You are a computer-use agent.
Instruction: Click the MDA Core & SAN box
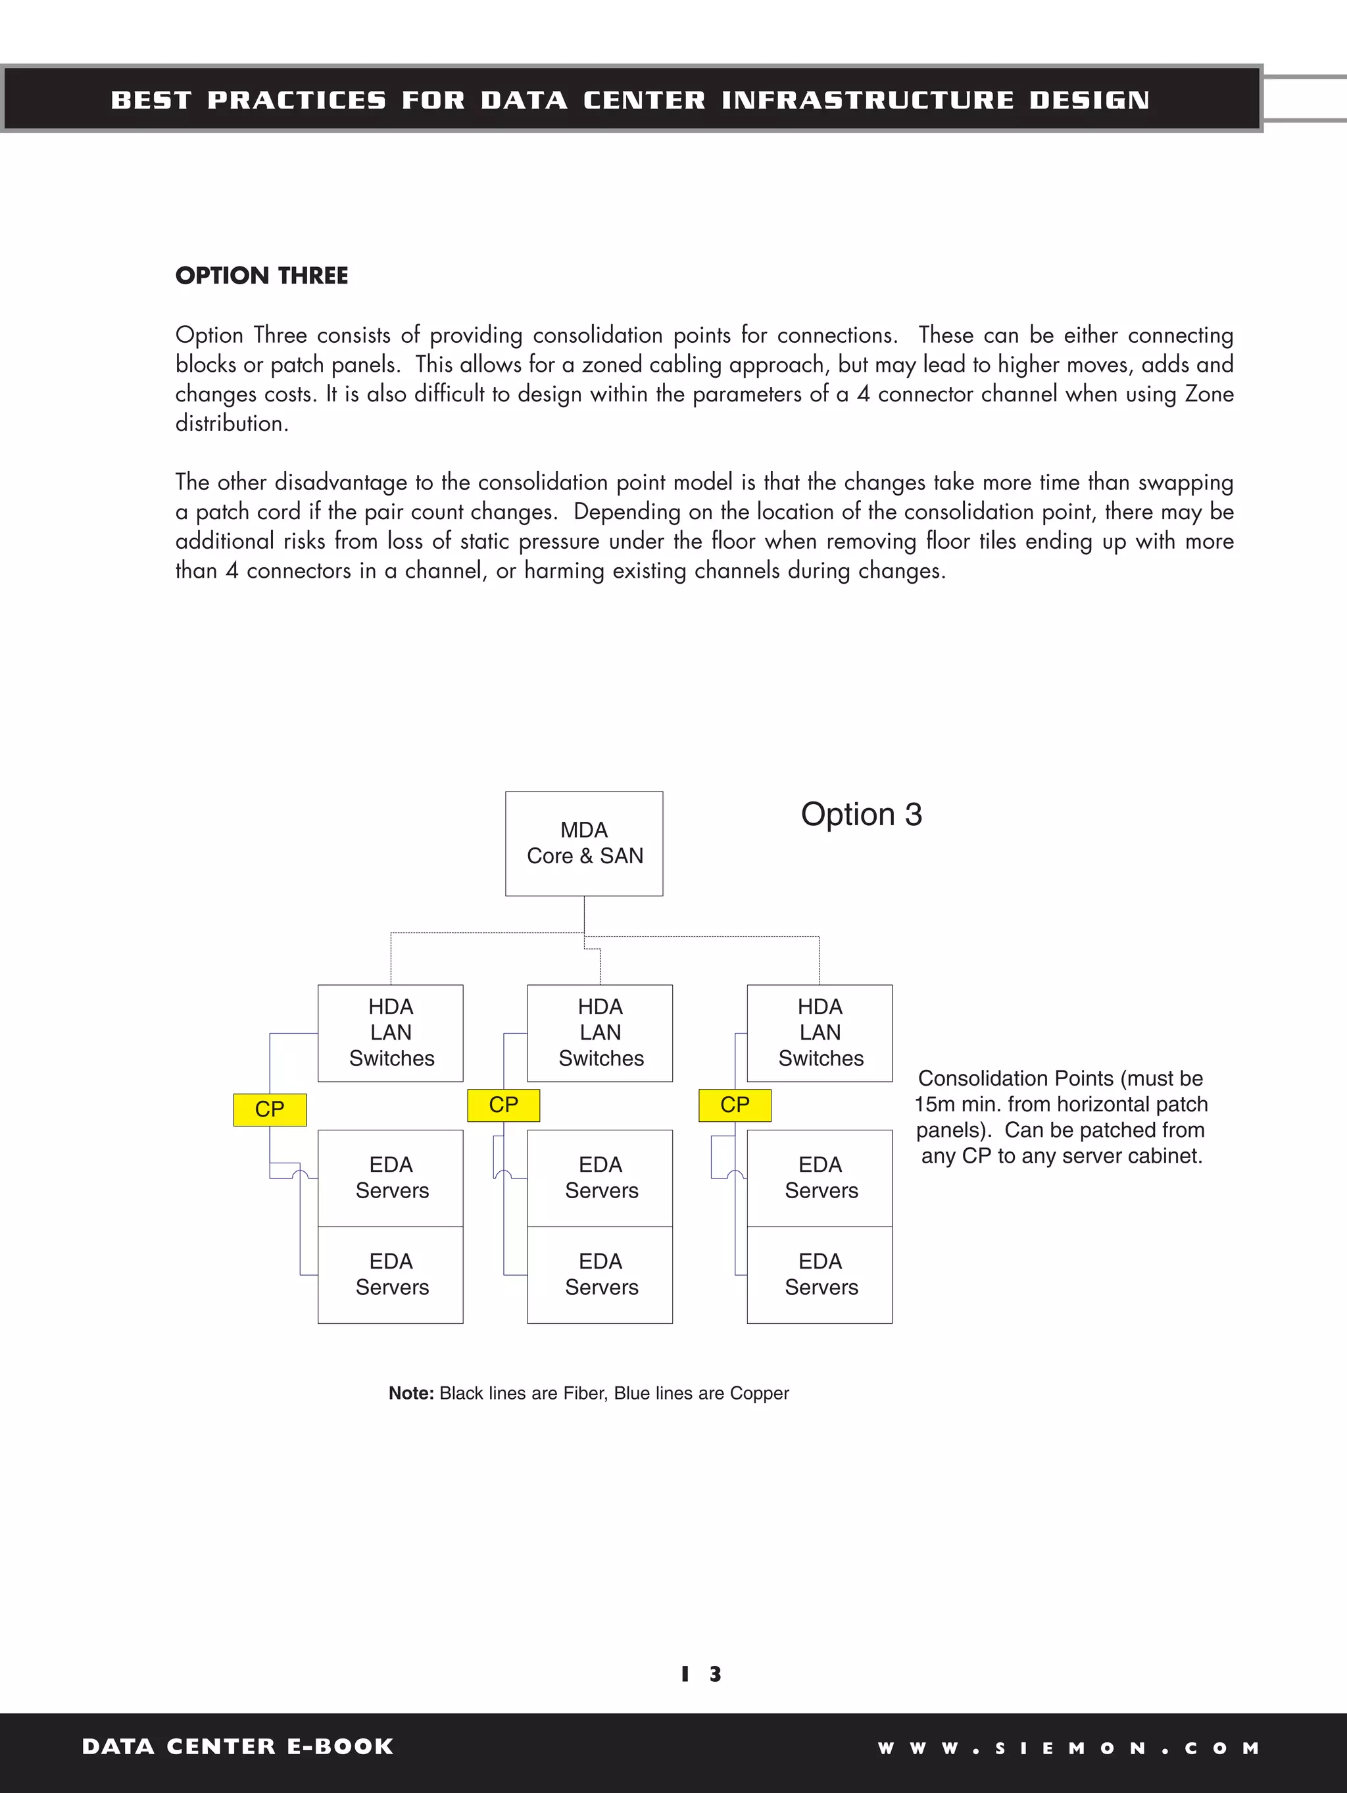coord(583,843)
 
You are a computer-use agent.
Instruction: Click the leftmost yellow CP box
coord(270,1109)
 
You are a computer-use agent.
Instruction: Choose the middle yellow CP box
coord(503,1105)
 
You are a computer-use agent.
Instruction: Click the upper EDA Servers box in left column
coord(390,1178)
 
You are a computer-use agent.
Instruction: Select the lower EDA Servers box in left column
coord(390,1275)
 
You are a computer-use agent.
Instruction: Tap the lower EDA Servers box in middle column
coord(600,1275)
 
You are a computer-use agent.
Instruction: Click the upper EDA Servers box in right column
coord(820,1178)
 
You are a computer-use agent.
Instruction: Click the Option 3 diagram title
coord(862,815)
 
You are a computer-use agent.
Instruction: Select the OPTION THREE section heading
coord(262,276)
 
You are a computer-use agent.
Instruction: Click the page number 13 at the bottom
coord(701,1673)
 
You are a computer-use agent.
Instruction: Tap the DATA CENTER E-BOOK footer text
coord(237,1747)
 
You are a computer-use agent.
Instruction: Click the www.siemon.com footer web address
coord(1068,1748)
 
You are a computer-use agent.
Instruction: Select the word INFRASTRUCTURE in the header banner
coord(868,100)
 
